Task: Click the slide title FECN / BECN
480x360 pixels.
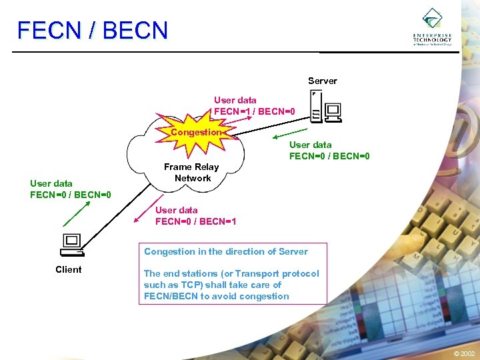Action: pos(93,31)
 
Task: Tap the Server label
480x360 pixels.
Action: pos(322,81)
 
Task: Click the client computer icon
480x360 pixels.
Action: pos(71,245)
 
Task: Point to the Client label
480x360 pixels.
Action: pos(69,269)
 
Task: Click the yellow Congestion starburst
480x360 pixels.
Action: pos(195,132)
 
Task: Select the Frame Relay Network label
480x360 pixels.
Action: pos(192,173)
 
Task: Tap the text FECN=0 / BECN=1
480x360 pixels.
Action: pos(195,221)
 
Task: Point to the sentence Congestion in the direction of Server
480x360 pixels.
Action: pos(226,251)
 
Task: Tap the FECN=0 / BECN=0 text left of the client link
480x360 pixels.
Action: pos(70,195)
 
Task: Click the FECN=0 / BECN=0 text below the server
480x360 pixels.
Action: pos(329,156)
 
